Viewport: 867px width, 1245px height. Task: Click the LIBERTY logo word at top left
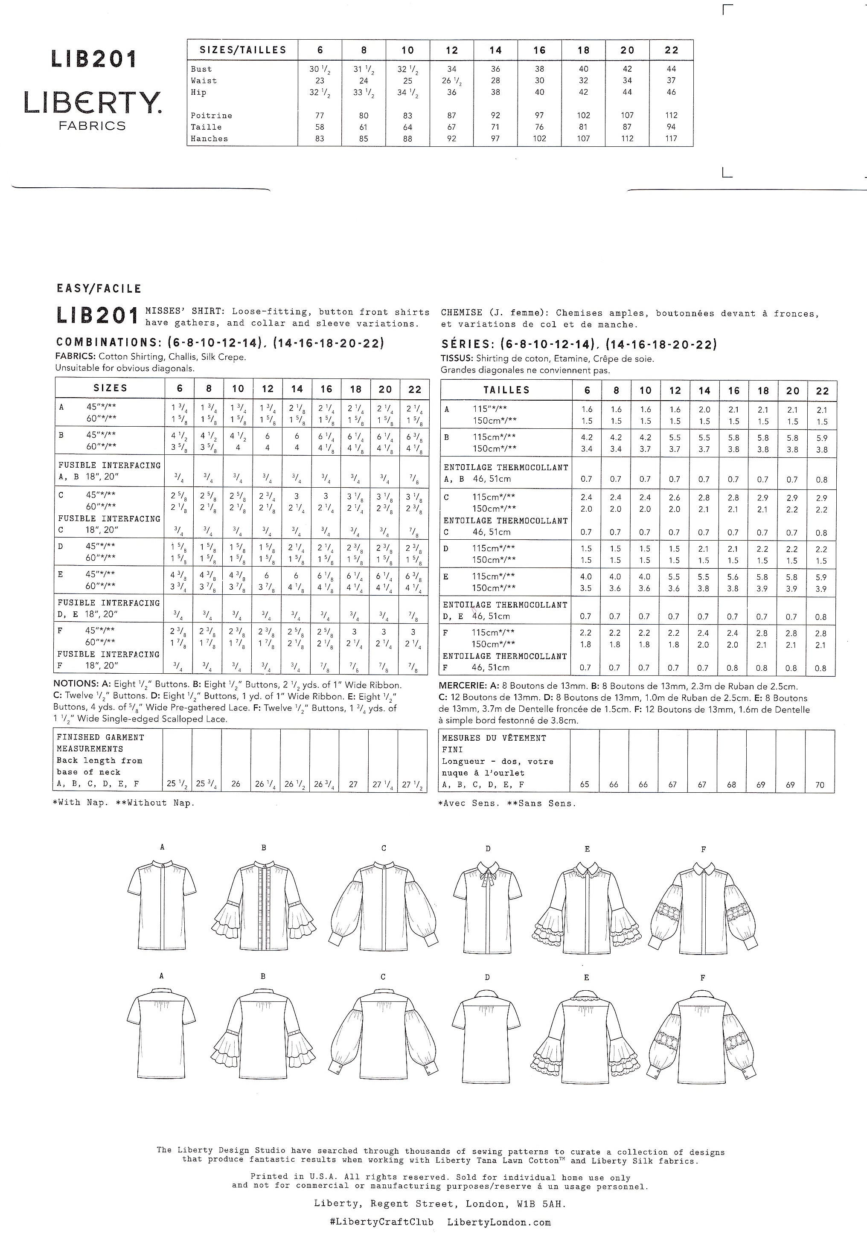[x=92, y=102]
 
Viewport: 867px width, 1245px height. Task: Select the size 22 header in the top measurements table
[x=671, y=50]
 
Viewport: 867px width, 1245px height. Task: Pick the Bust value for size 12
[x=452, y=69]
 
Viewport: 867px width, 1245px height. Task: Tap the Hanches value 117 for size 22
[x=671, y=139]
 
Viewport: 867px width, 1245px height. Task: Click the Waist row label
[x=204, y=81]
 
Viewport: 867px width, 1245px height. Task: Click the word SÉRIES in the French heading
[x=467, y=344]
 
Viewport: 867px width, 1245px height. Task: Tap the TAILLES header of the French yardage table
[x=506, y=390]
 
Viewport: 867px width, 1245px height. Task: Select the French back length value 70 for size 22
[x=819, y=785]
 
